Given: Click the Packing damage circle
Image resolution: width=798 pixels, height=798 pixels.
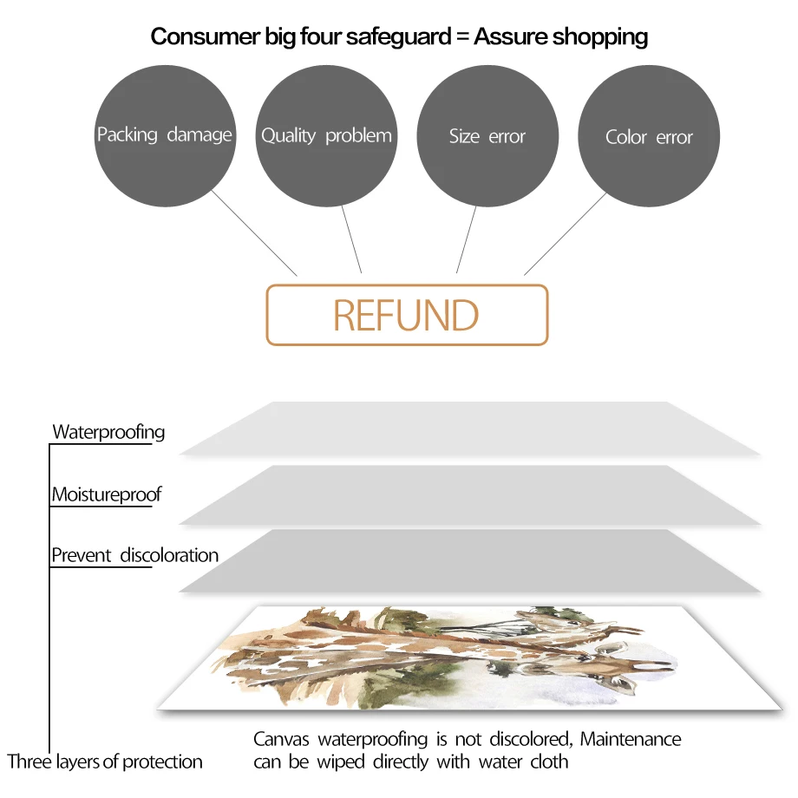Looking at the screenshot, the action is point(164,136).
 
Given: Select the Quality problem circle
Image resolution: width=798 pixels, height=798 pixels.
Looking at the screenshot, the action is point(326,136).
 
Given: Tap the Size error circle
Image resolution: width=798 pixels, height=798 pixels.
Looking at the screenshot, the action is point(487,136).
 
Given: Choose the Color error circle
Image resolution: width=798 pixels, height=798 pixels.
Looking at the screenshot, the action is point(649,137).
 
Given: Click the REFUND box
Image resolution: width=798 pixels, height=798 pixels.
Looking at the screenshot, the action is point(407,315).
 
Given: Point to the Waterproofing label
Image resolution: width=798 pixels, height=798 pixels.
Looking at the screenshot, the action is point(108,432).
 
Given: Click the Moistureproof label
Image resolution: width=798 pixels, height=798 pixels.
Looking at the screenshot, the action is point(107,495).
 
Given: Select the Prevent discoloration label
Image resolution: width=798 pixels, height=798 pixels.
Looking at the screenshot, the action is point(134,555).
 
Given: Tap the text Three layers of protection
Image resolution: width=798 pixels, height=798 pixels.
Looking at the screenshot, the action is point(105,762).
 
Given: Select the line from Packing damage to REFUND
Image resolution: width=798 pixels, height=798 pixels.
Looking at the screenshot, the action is point(254,232).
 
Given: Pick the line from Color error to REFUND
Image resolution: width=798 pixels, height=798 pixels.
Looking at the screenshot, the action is point(566,232).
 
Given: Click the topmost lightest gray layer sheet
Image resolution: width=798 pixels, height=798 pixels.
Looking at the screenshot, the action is point(468,428).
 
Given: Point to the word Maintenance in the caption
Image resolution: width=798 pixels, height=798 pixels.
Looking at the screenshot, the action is point(631,739).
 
